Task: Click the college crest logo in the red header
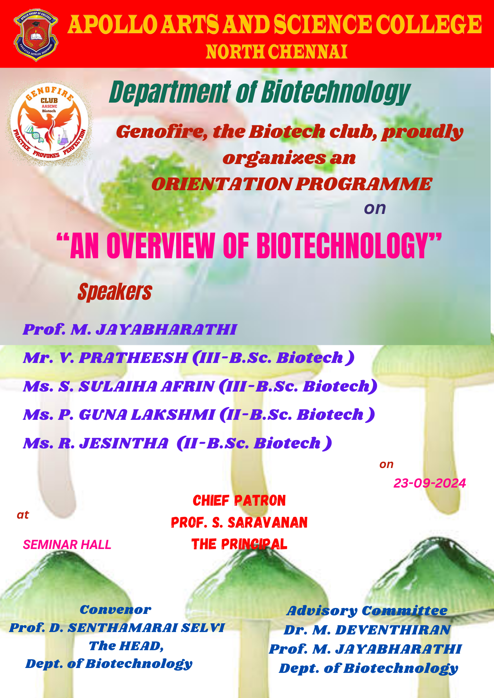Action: pyautogui.click(x=36, y=35)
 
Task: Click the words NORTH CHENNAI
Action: pyautogui.click(x=276, y=52)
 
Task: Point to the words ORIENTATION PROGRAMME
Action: pyautogui.click(x=292, y=184)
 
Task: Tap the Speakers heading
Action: pyautogui.click(x=115, y=292)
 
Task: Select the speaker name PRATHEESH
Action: pyautogui.click(x=133, y=358)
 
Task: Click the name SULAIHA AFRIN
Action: pyautogui.click(x=147, y=386)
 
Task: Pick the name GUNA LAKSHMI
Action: pyautogui.click(x=147, y=415)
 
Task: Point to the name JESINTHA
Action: pyautogui.click(x=124, y=444)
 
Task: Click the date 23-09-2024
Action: pyautogui.click(x=430, y=483)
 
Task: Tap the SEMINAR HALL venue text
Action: pyautogui.click(x=67, y=544)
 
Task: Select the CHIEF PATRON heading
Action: pyautogui.click(x=239, y=500)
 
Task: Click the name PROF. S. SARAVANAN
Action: pyautogui.click(x=239, y=522)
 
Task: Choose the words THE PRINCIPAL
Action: pyautogui.click(x=239, y=544)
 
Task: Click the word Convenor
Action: pyautogui.click(x=116, y=609)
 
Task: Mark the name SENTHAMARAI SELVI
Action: pyautogui.click(x=146, y=628)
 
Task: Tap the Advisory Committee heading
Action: pyautogui.click(x=367, y=611)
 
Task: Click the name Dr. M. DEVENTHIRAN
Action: pyautogui.click(x=367, y=630)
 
